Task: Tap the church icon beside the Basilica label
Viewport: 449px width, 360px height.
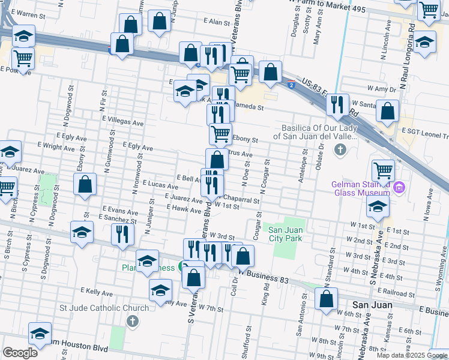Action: [340, 149]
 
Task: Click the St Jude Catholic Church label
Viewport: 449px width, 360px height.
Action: [104, 308]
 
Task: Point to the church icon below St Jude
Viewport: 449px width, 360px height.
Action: [132, 322]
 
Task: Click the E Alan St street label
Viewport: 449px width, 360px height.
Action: [217, 21]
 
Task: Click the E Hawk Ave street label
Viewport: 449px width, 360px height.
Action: [184, 210]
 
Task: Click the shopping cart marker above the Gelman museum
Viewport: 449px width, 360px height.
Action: [382, 170]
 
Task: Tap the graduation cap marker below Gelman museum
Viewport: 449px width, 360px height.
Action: [378, 206]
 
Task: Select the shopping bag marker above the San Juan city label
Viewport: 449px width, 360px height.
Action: [327, 298]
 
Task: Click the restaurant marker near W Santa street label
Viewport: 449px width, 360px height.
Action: [338, 104]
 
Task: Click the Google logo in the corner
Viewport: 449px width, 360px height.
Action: [20, 353]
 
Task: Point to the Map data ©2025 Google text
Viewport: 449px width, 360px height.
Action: [412, 355]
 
